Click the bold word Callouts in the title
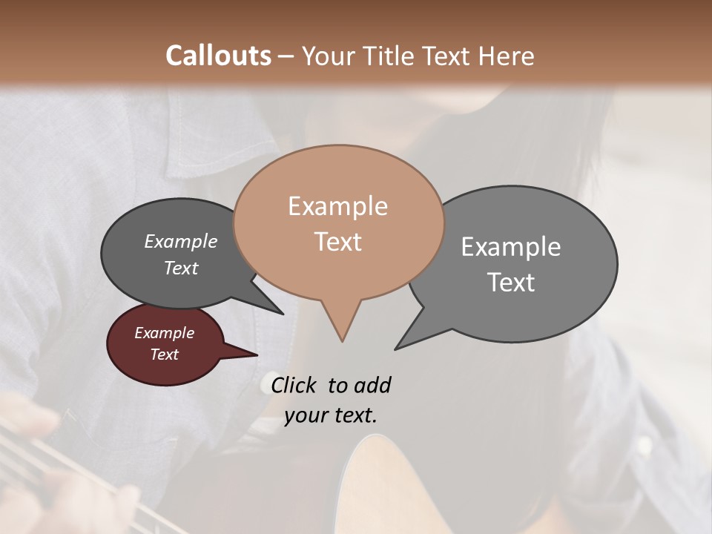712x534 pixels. click(218, 56)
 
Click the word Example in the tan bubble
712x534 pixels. click(337, 206)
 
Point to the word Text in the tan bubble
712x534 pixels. click(337, 242)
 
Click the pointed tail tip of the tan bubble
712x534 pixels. click(342, 340)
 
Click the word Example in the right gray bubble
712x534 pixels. click(510, 247)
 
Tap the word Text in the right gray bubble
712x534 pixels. click(511, 283)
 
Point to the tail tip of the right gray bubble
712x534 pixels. click(396, 348)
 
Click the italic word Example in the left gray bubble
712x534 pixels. click(180, 241)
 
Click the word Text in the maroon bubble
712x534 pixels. click(164, 355)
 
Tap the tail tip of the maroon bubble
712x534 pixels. click(257, 355)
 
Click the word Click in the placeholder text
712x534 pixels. click(295, 385)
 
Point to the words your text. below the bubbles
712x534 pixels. click(330, 415)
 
